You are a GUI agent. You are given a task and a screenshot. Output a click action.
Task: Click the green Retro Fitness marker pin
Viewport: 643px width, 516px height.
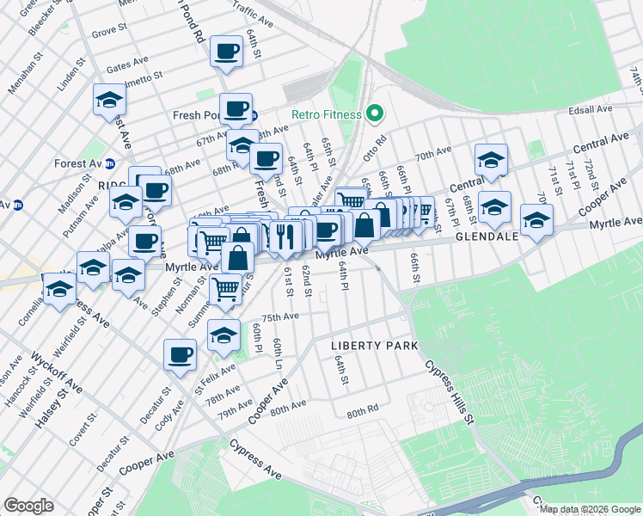click(x=374, y=114)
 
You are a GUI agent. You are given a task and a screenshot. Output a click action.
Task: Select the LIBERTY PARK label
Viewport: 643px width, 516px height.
click(x=375, y=346)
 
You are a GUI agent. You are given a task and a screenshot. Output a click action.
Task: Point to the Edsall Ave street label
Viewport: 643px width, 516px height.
click(x=589, y=109)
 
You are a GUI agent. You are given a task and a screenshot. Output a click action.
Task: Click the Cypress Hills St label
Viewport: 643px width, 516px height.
click(x=447, y=392)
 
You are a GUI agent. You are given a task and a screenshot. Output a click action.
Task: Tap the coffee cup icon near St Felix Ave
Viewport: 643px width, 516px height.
click(x=180, y=354)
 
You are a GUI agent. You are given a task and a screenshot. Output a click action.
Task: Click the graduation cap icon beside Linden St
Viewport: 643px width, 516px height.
click(x=110, y=100)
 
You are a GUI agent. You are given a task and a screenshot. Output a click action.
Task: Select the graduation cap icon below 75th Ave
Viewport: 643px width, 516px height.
click(x=224, y=335)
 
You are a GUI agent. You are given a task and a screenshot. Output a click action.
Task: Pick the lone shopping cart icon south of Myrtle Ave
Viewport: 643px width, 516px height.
click(x=225, y=289)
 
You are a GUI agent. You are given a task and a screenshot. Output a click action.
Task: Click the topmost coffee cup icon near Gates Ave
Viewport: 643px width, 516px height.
click(x=227, y=52)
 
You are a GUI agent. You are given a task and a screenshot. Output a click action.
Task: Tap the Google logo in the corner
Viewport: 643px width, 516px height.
click(x=28, y=506)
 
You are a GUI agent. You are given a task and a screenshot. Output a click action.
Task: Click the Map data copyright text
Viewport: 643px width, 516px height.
click(x=589, y=509)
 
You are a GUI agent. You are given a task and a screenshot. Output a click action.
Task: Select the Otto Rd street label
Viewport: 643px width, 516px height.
click(x=380, y=140)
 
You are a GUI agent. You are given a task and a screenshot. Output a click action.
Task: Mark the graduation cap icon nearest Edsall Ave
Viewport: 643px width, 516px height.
click(x=491, y=160)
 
